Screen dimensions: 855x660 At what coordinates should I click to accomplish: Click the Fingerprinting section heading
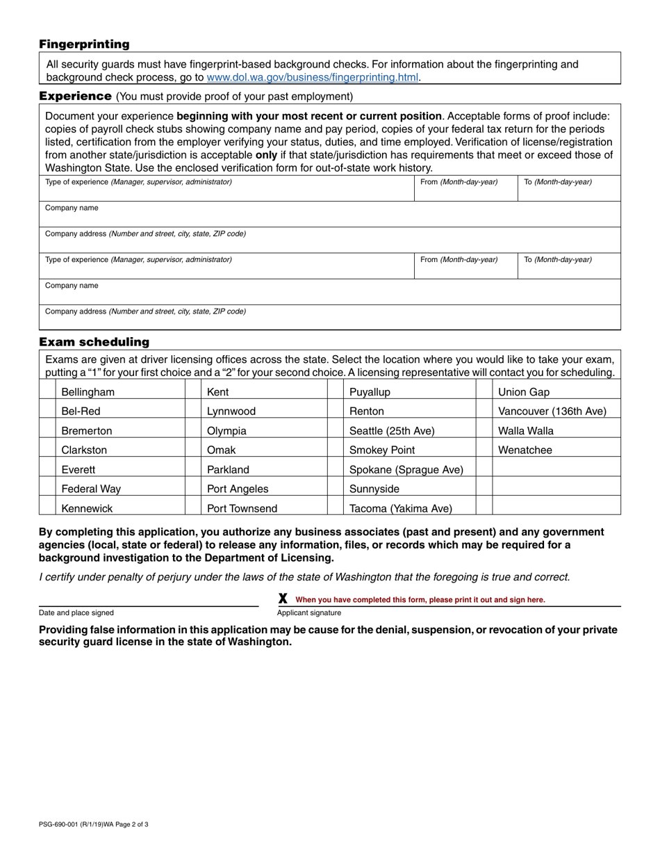point(84,44)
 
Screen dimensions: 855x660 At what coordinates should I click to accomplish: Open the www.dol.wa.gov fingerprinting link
point(313,78)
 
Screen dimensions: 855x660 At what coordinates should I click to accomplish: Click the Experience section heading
point(75,96)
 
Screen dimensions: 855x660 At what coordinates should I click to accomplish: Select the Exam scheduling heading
point(94,342)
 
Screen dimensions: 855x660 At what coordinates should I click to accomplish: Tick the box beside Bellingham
point(47,392)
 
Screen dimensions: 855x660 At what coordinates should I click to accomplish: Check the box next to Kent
point(192,392)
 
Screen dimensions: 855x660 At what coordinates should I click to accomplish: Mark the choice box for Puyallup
point(335,392)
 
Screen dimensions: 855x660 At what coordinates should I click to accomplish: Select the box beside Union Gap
point(484,392)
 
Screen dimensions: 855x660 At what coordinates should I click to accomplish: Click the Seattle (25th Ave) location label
point(392,431)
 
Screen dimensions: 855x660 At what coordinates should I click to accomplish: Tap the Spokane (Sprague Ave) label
point(406,470)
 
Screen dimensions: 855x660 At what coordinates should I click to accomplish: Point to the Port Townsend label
point(242,508)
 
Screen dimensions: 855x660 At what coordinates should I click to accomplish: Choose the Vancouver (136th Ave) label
point(552,412)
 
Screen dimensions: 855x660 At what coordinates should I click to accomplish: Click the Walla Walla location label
point(526,431)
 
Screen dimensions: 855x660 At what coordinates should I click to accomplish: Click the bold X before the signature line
point(283,598)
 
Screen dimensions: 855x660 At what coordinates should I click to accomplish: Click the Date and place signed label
point(76,613)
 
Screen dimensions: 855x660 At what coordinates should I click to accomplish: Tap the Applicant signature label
point(309,613)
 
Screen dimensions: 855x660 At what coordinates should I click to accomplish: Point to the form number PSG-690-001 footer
point(93,824)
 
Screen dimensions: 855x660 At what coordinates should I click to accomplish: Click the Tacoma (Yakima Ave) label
point(400,508)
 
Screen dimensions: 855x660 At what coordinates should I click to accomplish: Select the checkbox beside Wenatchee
point(484,450)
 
